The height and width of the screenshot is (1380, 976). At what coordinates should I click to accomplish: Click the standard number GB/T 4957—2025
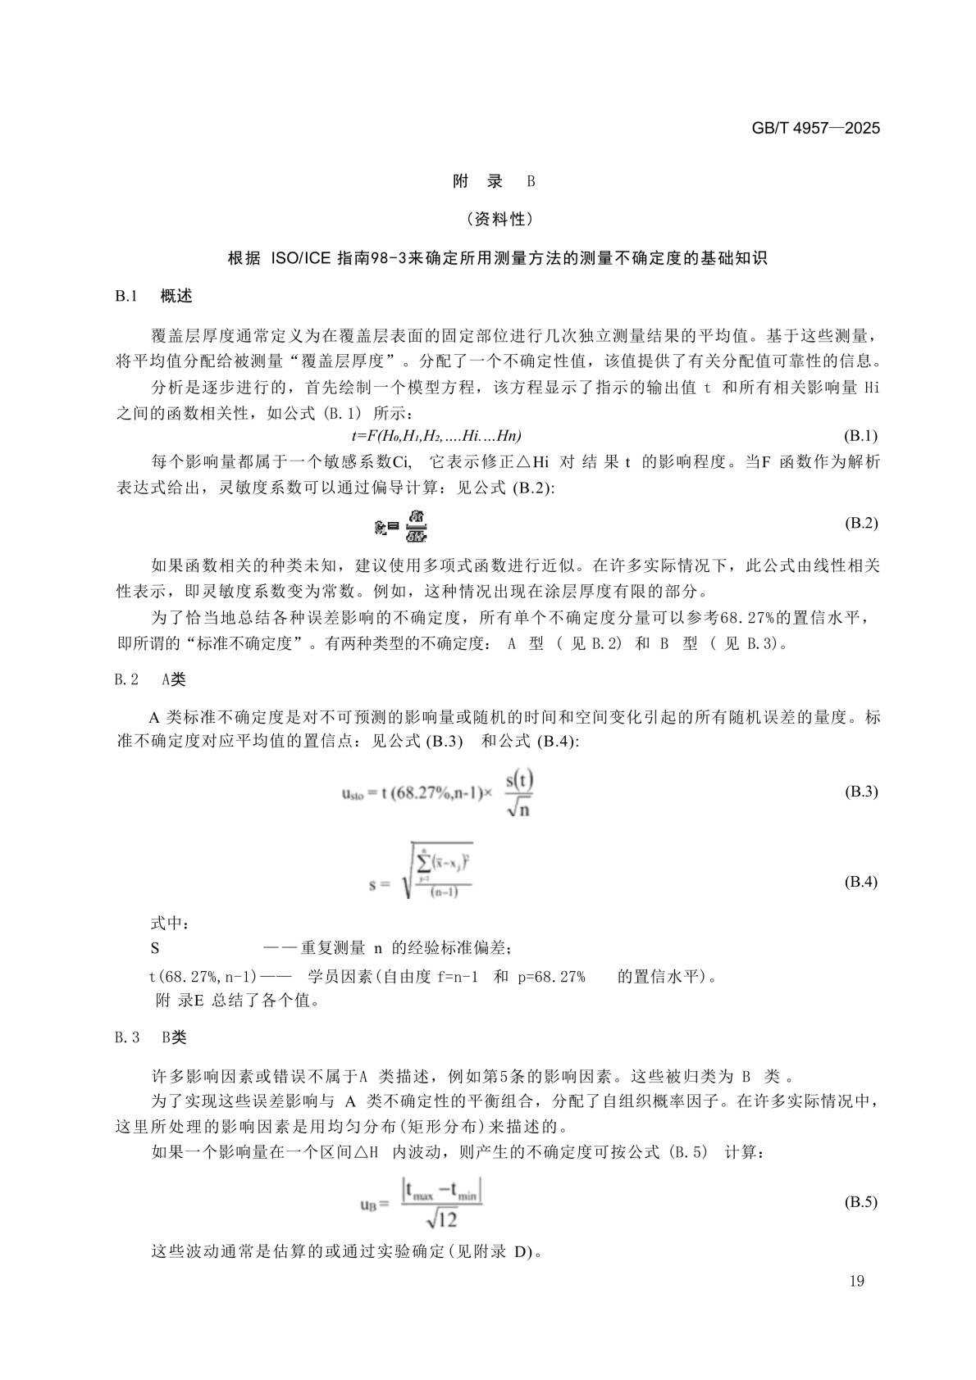[815, 129]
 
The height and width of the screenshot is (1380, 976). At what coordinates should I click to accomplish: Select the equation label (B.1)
[860, 435]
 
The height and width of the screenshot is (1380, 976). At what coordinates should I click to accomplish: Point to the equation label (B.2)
[860, 523]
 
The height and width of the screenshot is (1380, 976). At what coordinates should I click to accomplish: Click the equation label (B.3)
[860, 792]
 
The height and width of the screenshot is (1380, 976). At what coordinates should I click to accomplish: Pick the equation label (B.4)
[860, 882]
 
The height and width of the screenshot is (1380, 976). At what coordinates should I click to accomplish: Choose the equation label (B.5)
[860, 1202]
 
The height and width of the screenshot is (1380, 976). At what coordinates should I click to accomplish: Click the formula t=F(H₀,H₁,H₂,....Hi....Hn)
[436, 435]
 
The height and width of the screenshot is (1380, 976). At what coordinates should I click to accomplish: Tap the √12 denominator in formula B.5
[441, 1219]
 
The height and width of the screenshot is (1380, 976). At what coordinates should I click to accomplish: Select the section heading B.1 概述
[154, 296]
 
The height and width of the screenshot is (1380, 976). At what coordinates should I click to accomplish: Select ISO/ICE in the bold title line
[300, 258]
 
